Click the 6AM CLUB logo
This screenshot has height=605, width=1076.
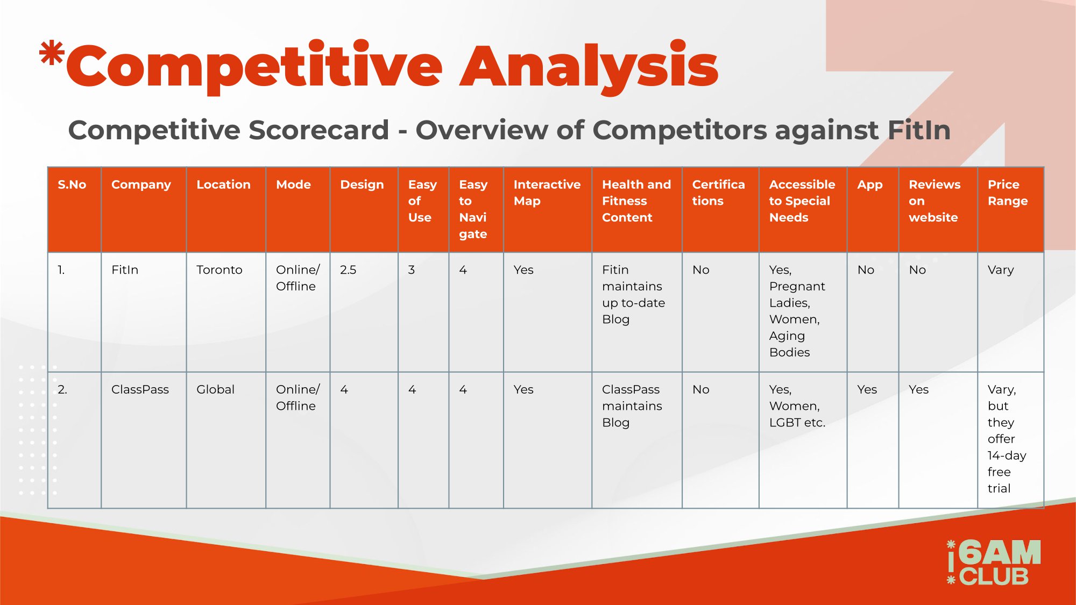point(994,563)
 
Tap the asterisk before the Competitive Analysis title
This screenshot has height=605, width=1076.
point(52,54)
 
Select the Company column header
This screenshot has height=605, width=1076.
point(141,184)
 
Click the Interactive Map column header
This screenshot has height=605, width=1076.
point(547,193)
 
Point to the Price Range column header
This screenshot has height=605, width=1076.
point(1008,193)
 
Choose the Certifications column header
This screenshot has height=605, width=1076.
point(718,193)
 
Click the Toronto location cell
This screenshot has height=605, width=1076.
point(220,269)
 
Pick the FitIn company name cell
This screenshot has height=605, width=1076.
point(125,269)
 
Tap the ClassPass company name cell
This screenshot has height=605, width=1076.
point(140,389)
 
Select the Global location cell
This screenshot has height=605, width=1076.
point(215,389)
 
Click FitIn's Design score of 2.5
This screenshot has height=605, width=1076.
point(348,269)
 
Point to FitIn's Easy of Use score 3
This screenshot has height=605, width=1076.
point(412,269)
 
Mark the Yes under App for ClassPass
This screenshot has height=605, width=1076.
point(867,389)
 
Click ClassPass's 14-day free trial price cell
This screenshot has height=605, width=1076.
point(1007,439)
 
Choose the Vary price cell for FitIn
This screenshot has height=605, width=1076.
point(1001,270)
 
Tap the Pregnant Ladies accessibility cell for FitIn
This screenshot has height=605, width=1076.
point(797,311)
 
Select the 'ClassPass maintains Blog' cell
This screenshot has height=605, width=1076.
point(632,406)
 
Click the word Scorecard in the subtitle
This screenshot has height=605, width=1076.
point(318,130)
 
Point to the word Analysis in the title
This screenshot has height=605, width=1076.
point(589,67)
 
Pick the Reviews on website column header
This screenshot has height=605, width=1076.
point(935,201)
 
